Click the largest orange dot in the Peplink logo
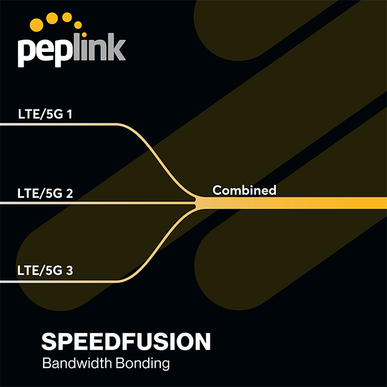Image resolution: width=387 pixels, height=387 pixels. tap(36, 25)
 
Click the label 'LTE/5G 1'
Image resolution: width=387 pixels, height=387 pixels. tap(46, 113)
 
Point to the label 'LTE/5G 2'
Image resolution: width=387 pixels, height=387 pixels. tap(46, 193)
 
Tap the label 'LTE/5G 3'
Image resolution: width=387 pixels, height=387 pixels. tap(46, 270)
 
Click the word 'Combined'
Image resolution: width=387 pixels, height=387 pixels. tap(244, 190)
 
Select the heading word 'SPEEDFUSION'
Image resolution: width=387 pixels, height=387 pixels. tap(126, 342)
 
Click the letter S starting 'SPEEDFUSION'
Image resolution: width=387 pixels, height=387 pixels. tap(49, 342)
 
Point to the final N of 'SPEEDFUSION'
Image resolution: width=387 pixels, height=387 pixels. tap(202, 342)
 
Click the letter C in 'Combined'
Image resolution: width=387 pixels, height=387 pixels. tap(217, 190)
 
